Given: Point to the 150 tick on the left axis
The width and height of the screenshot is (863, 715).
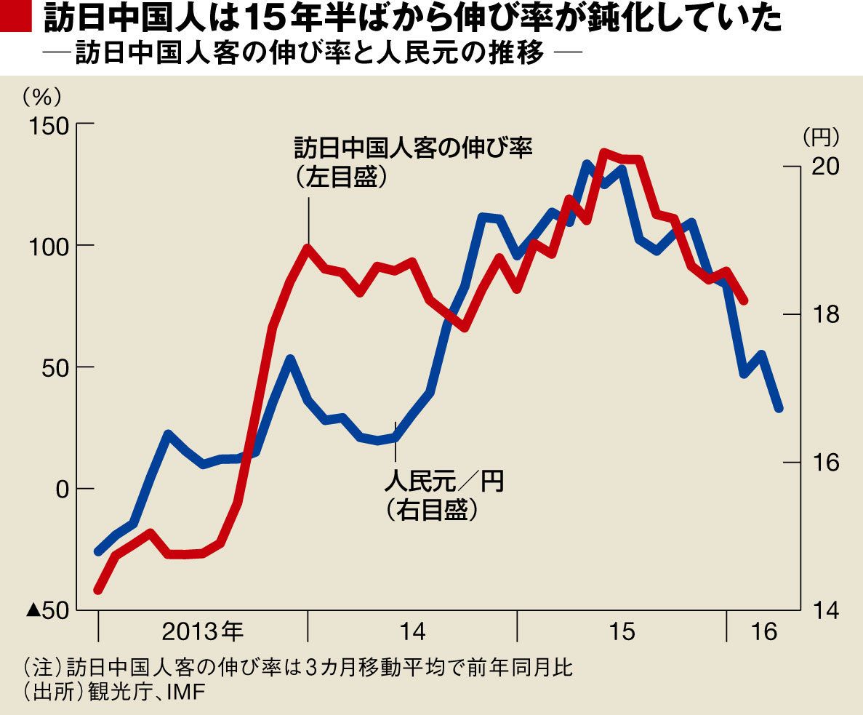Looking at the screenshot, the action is click(x=85, y=124).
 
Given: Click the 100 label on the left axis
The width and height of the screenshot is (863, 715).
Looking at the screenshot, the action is click(x=49, y=246).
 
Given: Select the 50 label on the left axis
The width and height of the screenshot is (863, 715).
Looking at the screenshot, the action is click(x=55, y=367).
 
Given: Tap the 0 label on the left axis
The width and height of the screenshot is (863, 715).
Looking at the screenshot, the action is click(x=63, y=489).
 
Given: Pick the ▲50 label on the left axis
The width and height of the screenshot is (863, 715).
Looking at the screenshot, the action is click(x=48, y=610).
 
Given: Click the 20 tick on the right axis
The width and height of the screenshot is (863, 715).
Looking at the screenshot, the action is click(x=792, y=167).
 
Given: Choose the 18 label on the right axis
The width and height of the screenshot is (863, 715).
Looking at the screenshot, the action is click(x=827, y=314).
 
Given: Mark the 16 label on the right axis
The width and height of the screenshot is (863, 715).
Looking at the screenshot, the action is click(x=827, y=463).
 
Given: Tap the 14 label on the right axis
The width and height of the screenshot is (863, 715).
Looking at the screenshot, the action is click(x=827, y=610).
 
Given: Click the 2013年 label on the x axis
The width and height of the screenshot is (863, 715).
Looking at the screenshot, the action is click(x=203, y=631).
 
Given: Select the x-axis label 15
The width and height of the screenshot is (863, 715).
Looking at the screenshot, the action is click(x=622, y=631).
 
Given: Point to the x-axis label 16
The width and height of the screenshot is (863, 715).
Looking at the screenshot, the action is click(x=764, y=631).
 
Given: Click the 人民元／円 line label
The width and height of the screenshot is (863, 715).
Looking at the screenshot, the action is click(x=443, y=481).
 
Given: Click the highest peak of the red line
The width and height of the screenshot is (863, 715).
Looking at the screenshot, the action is click(x=604, y=152).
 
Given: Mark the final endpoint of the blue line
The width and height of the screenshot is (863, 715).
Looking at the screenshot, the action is click(x=779, y=408).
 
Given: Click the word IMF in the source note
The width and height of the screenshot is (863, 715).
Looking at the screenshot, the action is click(x=186, y=692).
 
